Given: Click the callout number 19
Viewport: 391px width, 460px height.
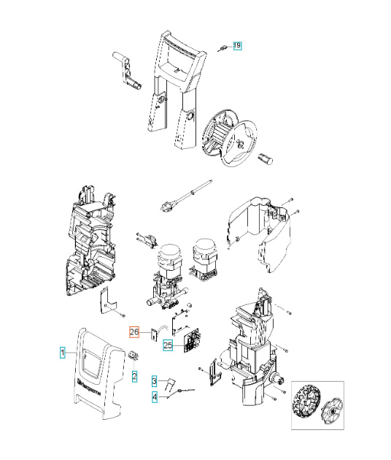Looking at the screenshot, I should tap(237, 46).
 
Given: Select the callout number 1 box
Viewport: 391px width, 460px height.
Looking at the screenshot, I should tap(63, 352).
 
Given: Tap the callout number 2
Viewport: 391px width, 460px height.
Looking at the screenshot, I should tap(134, 376).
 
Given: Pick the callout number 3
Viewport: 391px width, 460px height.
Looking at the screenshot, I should tap(154, 381).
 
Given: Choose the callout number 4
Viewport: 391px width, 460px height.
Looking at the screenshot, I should tap(154, 397).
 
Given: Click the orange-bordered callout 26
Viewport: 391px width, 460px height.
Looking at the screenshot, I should tap(134, 331).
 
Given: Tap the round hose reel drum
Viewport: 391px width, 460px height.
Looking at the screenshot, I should tap(230, 136).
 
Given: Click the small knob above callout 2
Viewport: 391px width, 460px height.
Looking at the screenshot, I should tap(134, 356).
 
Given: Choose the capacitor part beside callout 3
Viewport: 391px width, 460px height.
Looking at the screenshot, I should tap(169, 383).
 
